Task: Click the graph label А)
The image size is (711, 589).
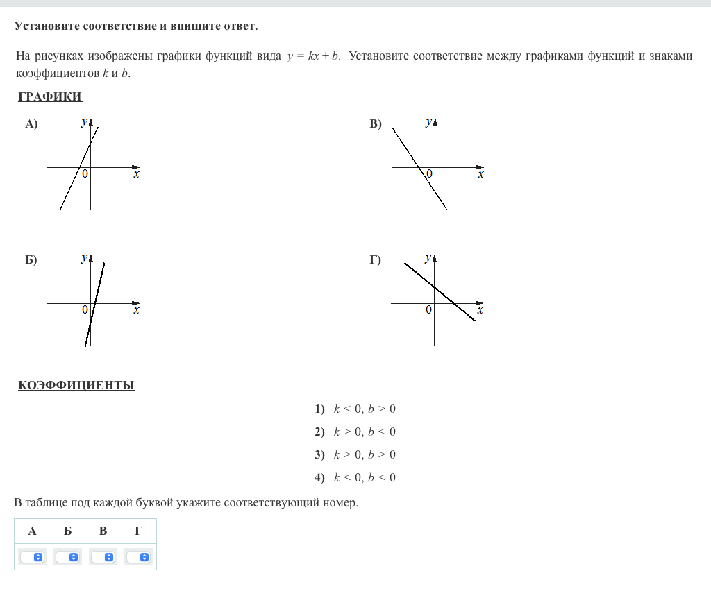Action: pos(31,125)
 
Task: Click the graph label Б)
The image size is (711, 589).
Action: pos(31,261)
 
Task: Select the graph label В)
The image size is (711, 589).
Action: pos(376,125)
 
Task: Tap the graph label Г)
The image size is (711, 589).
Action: pos(376,261)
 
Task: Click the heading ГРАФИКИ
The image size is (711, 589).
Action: pos(50,96)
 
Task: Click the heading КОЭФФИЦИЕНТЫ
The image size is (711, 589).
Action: pos(76,385)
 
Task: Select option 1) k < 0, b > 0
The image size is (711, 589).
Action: pos(355,409)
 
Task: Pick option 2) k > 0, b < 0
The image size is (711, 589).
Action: pos(355,432)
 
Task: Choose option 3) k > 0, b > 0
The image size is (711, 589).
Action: pos(355,454)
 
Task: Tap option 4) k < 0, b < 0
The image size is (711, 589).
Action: pos(355,477)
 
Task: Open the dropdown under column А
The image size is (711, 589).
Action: pos(32,557)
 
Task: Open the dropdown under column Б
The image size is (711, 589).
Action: pos(68,557)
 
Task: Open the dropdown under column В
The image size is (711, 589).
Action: pos(103,557)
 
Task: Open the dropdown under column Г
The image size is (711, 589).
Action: pos(139,557)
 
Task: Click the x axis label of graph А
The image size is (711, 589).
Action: pos(136,175)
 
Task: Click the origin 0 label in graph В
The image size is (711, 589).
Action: pos(429,173)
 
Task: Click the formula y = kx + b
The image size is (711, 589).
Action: pos(312,56)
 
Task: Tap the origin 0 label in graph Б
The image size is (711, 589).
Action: pos(85,309)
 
